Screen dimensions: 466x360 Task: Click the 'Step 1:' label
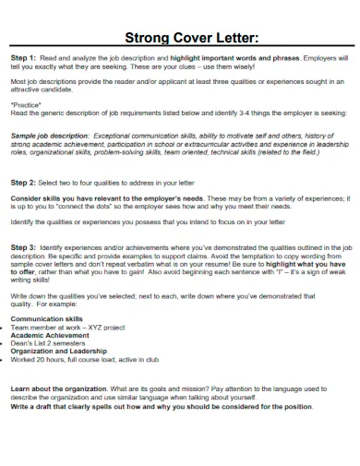(x=24, y=59)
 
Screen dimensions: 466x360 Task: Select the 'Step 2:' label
(x=24, y=183)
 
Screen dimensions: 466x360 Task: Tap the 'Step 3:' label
(x=24, y=248)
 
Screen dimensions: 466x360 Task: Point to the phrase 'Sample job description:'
(x=46, y=135)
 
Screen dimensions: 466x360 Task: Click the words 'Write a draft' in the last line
(x=34, y=406)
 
